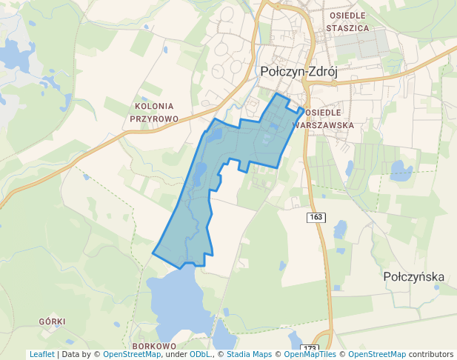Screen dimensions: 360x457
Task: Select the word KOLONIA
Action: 154,106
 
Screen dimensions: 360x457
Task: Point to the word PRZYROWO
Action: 154,118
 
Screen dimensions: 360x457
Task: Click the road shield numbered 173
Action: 310,348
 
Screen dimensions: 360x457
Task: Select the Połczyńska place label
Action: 414,277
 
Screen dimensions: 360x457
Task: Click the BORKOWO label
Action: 153,346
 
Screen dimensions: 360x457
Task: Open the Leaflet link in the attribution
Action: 41,355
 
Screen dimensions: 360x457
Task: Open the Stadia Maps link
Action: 249,355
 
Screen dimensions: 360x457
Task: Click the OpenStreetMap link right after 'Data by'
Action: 131,355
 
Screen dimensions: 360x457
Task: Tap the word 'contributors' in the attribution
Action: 431,355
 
